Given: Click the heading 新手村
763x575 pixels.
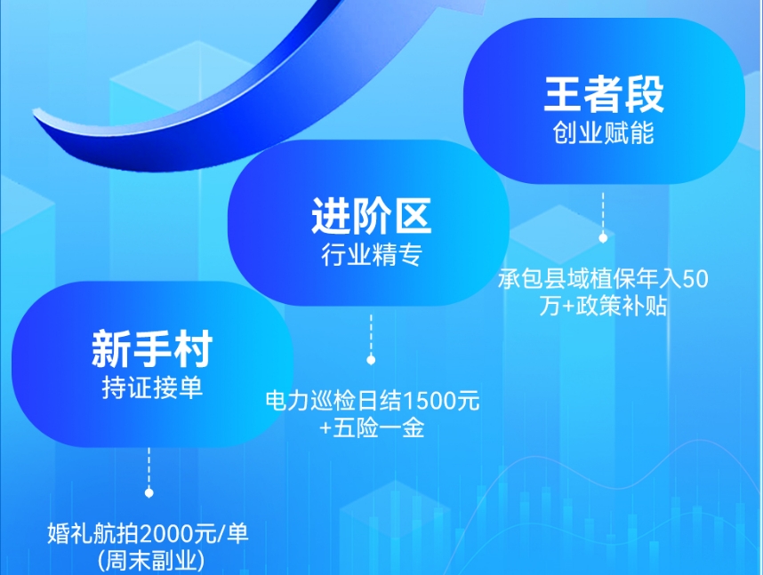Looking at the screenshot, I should pyautogui.click(x=151, y=349).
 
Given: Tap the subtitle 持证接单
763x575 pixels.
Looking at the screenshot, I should pyautogui.click(x=151, y=388).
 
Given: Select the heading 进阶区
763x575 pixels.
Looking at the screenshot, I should pyautogui.click(x=371, y=216).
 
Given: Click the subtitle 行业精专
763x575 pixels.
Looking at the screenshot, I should pyautogui.click(x=371, y=256).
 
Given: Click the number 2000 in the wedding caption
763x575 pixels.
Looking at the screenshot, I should pyautogui.click(x=167, y=534).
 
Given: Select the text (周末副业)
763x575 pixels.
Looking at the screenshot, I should pyautogui.click(x=149, y=561).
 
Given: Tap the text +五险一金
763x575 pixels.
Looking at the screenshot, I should pyautogui.click(x=372, y=427).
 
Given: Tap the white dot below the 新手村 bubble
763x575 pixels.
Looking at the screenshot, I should pyautogui.click(x=149, y=492).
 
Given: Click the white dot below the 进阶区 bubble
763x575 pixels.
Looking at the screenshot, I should pyautogui.click(x=371, y=360).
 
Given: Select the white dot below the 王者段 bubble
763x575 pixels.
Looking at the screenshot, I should pyautogui.click(x=603, y=238).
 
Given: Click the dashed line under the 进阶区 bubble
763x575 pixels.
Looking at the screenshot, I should pyautogui.click(x=371, y=333).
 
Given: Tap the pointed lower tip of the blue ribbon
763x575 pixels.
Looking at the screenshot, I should pyautogui.click(x=36, y=114).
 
